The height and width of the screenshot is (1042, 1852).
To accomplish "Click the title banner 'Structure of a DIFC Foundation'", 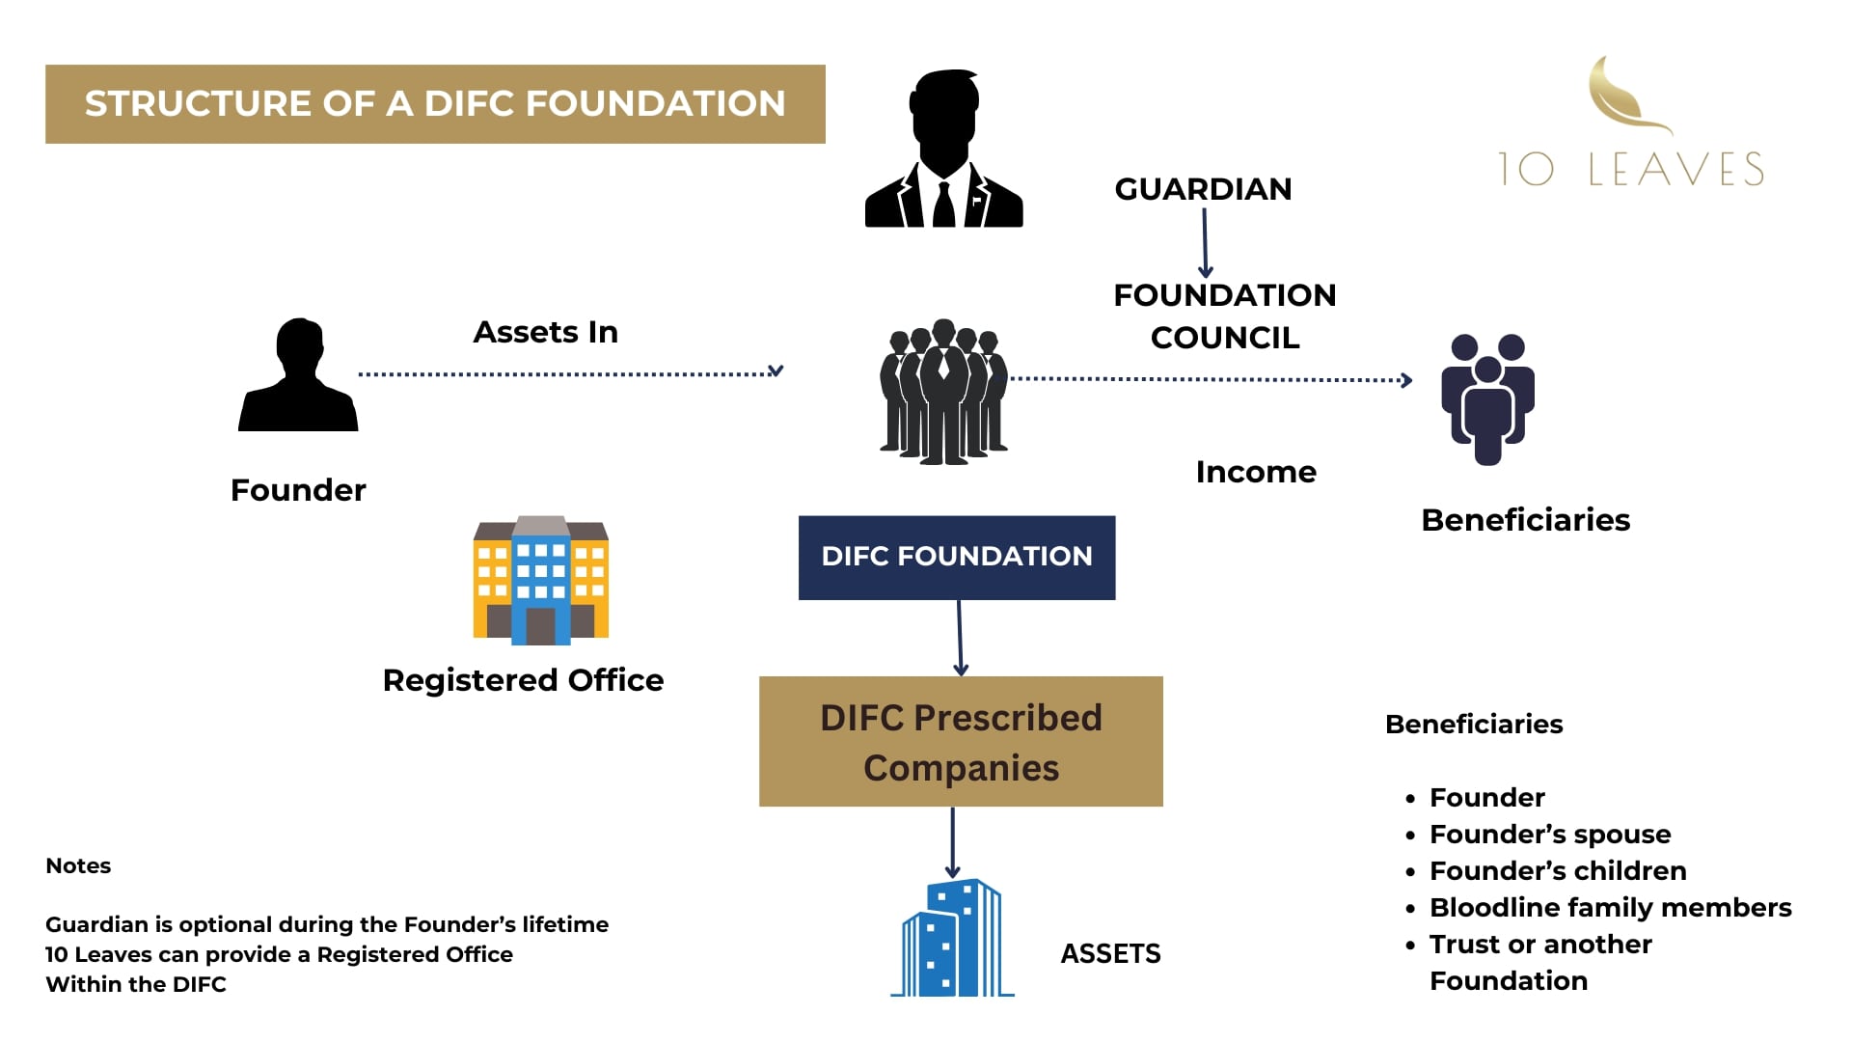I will [435, 104].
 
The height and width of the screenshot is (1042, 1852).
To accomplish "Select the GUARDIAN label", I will [1203, 189].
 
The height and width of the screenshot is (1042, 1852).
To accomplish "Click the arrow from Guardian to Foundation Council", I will [1205, 243].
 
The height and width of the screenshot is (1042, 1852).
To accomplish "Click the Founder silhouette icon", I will [298, 375].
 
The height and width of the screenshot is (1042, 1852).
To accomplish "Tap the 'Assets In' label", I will [545, 332].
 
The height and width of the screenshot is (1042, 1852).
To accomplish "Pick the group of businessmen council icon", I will [943, 392].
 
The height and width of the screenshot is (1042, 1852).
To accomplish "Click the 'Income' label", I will [1255, 472].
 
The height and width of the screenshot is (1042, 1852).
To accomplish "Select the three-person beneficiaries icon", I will [1487, 398].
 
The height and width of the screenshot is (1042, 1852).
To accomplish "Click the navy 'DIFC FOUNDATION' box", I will [957, 557].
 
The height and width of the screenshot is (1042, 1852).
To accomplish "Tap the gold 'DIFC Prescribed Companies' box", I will [961, 742].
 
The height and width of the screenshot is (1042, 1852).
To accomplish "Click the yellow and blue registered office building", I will [540, 580].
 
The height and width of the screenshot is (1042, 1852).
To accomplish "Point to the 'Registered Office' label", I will [523, 680].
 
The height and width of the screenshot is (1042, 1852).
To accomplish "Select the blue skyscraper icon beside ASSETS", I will [952, 938].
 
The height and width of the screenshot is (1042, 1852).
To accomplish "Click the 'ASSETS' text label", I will [1110, 954].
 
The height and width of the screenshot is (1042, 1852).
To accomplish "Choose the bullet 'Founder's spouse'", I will [1549, 835].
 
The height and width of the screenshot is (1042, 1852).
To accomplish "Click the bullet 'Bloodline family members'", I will [1610, 908].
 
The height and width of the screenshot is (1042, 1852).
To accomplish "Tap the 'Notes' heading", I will [78, 865].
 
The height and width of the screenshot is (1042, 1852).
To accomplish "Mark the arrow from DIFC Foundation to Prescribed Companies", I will [960, 638].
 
